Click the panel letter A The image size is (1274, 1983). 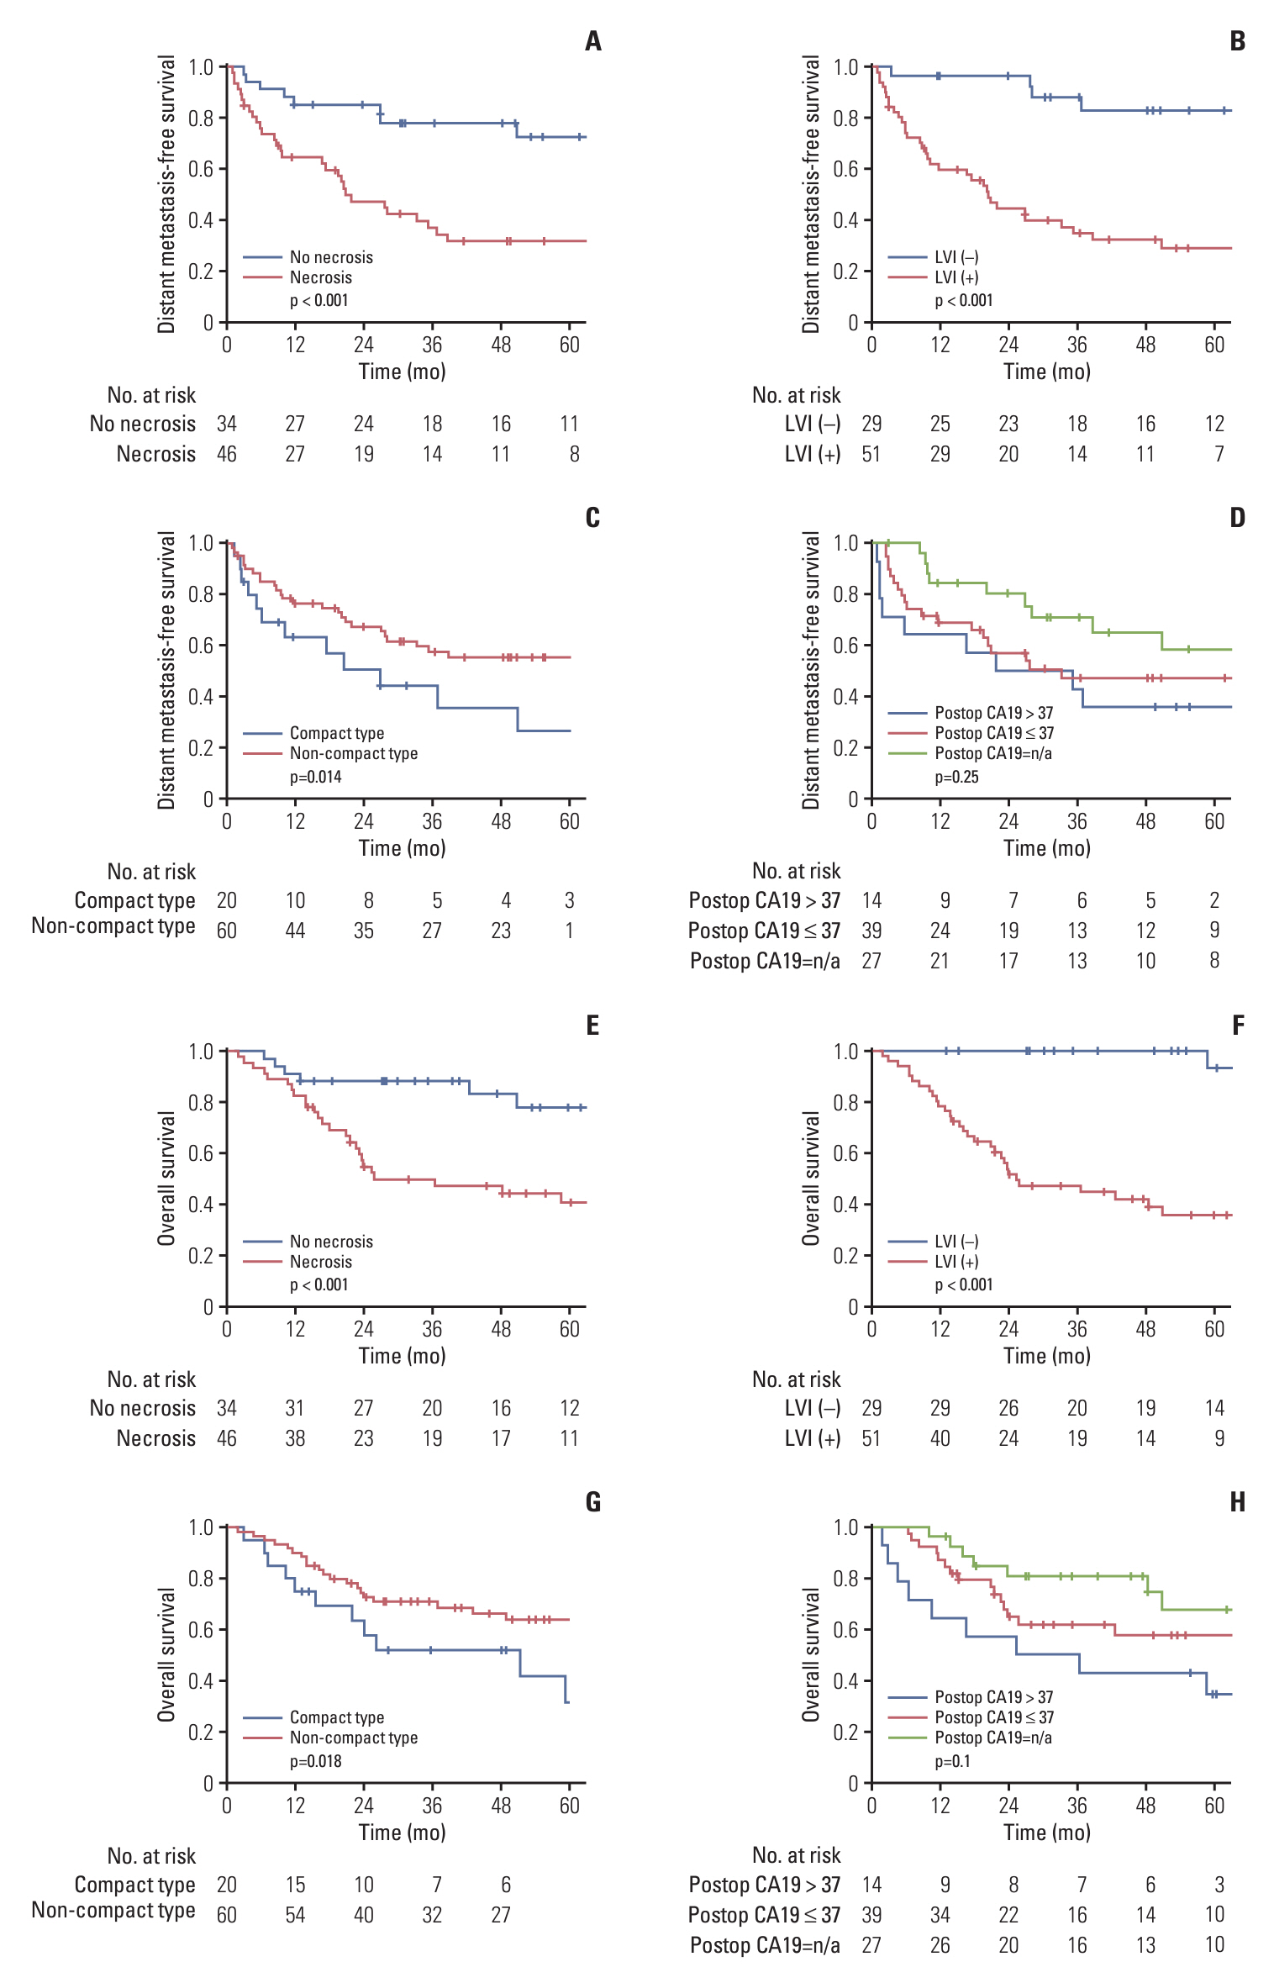[593, 41]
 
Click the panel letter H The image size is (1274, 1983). [1237, 1502]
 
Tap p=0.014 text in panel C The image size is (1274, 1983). [316, 777]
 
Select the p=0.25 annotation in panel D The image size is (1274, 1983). [956, 777]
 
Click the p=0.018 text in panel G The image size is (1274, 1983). [316, 1761]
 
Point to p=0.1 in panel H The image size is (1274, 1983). [952, 1761]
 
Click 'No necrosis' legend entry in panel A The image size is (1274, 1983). [331, 257]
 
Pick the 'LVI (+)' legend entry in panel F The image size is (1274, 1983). [956, 1262]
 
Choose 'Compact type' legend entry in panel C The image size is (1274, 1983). [336, 733]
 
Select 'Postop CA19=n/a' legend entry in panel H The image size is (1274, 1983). [993, 1738]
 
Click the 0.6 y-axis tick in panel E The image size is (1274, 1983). [201, 1153]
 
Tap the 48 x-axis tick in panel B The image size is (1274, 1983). [1145, 345]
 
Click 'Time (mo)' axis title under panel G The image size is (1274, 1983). [402, 1833]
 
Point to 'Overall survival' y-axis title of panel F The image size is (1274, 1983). [810, 1178]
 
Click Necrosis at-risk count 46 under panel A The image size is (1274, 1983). [227, 454]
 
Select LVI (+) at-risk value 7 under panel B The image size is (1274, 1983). [1219, 454]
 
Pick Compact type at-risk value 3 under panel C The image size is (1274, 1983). [570, 900]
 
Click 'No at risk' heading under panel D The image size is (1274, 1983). [796, 871]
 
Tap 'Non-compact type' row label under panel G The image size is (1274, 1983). [113, 1910]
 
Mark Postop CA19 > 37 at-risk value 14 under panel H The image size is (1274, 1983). [871, 1885]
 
